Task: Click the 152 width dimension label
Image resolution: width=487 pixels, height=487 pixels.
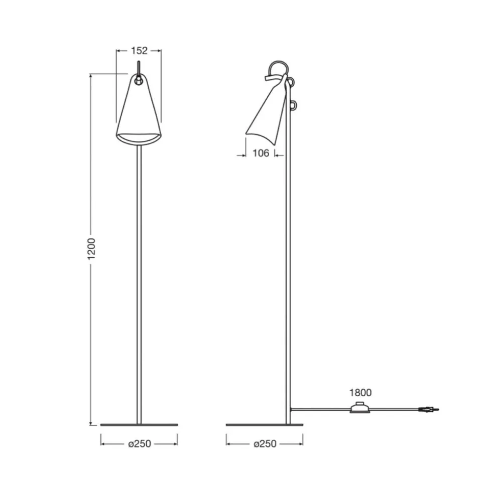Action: pos(139,51)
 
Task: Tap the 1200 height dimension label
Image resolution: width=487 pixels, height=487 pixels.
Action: pos(91,249)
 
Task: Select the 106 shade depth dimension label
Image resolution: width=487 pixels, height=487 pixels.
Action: pos(261,153)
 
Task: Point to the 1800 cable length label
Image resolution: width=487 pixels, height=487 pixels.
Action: pos(360,393)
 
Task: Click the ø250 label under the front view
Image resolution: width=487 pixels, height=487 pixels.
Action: pos(140,444)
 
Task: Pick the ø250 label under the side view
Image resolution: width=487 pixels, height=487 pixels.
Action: pos(265,444)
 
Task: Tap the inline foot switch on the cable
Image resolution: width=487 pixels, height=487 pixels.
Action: pos(360,408)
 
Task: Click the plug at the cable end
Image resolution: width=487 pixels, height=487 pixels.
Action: pos(429,410)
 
